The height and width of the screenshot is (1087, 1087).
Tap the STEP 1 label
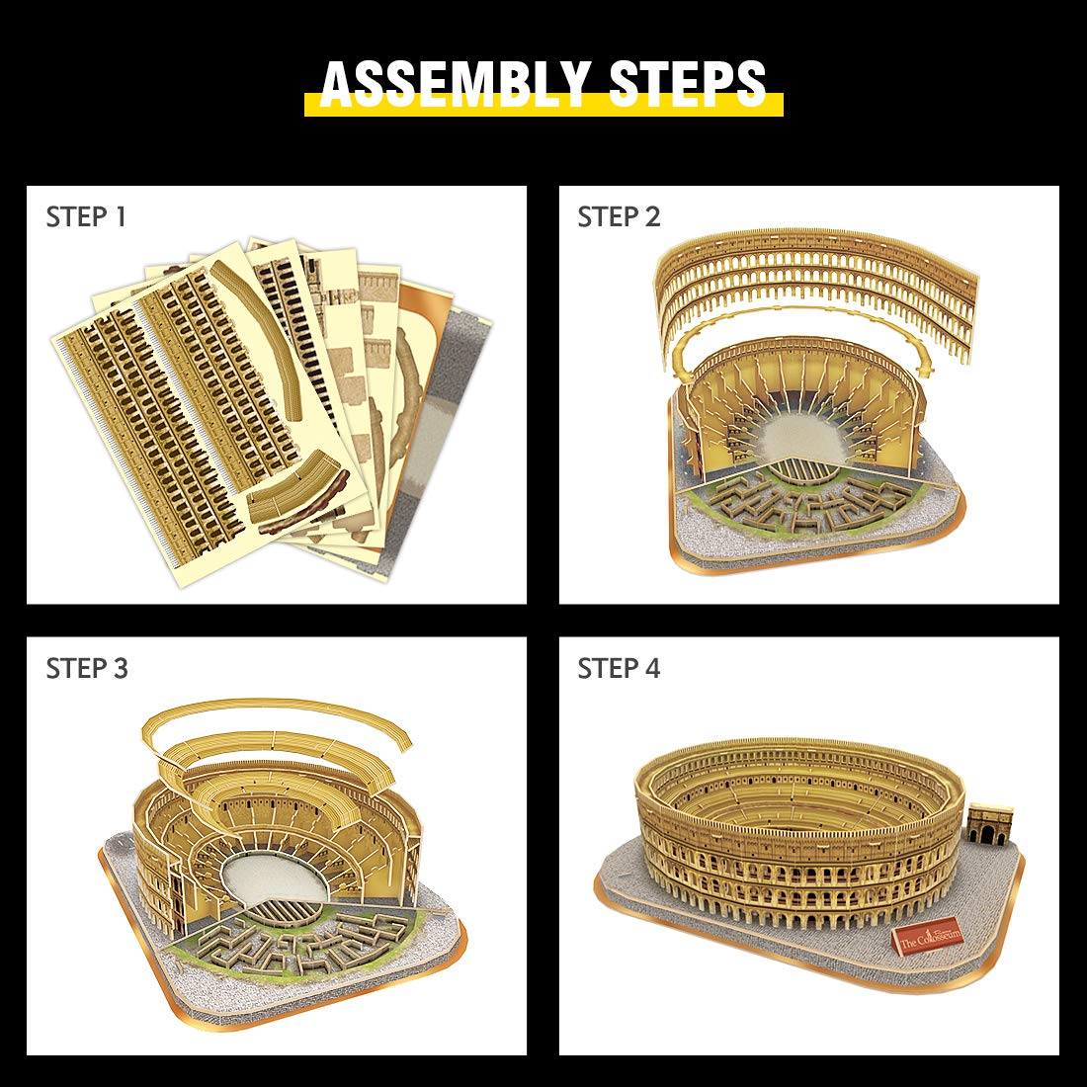pyautogui.click(x=86, y=217)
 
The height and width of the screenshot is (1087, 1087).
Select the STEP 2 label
pyautogui.click(x=619, y=217)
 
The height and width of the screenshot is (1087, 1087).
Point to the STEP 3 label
pyautogui.click(x=87, y=668)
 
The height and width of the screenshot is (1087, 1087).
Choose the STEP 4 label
pyautogui.click(x=619, y=668)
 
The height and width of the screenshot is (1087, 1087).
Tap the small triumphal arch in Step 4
pyautogui.click(x=990, y=825)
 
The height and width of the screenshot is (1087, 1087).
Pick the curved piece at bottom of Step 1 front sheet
pyautogui.click(x=299, y=491)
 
